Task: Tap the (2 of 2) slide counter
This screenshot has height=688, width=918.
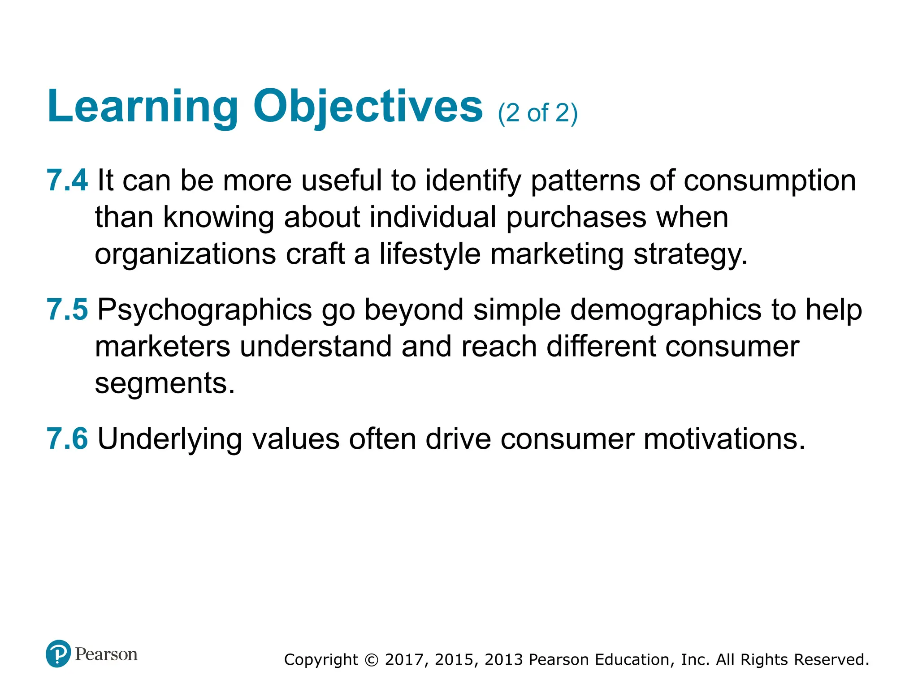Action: (x=537, y=113)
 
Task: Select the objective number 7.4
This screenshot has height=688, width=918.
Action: (x=67, y=181)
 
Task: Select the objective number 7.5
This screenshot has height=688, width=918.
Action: (x=67, y=310)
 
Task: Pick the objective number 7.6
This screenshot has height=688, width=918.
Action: (x=67, y=439)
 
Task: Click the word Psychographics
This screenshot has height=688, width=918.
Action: (x=205, y=310)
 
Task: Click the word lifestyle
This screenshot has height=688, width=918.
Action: (x=429, y=254)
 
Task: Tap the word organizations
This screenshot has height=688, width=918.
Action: (x=185, y=255)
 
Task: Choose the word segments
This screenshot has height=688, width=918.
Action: (x=165, y=384)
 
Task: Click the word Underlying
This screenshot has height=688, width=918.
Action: (x=170, y=439)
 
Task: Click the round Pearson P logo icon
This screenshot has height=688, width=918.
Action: (x=58, y=654)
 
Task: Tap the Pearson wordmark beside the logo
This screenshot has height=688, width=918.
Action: (x=106, y=654)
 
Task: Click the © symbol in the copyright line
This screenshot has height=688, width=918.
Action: (x=372, y=660)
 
